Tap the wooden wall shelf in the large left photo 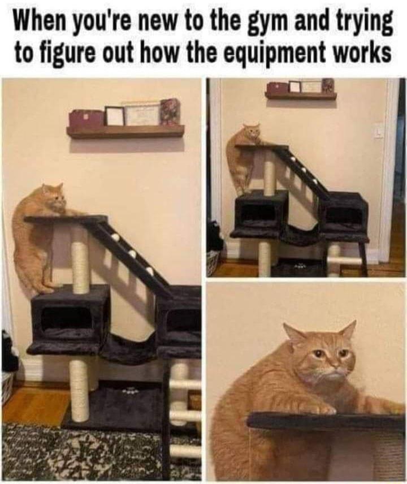coord(125,132)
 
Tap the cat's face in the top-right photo coord(252,134)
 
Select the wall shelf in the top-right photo coord(301,96)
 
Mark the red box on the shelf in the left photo coord(86,119)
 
